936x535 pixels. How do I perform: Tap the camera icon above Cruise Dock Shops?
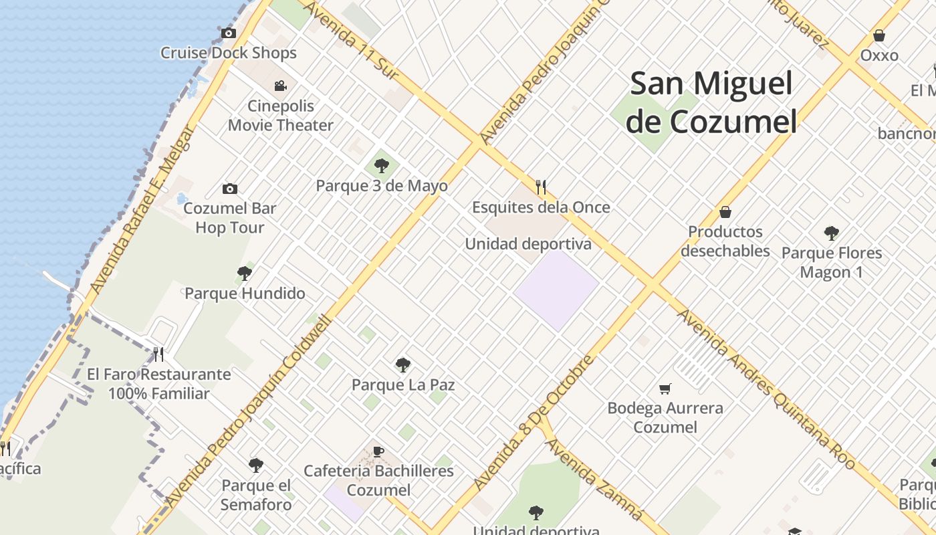point(228,33)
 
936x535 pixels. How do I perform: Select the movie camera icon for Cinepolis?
point(281,86)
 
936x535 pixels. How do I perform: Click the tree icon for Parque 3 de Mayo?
point(382,165)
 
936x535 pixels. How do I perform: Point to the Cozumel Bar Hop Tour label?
point(229,218)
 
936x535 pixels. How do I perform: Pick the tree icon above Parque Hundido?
point(245,273)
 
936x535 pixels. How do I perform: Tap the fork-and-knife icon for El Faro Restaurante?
point(158,354)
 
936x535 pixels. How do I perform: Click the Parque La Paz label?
point(403,385)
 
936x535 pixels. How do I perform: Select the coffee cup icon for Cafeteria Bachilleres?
point(378,451)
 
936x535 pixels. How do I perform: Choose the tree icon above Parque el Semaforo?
point(256,465)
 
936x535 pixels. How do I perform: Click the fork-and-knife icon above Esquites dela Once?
point(541,187)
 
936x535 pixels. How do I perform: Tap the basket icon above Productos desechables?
point(725,212)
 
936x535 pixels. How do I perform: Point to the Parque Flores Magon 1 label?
point(832,262)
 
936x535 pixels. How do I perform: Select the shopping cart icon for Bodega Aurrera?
point(665,389)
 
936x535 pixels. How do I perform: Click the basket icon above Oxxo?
point(879,35)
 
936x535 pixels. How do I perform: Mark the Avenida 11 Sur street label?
point(352,41)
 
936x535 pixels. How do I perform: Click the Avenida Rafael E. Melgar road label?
point(141,208)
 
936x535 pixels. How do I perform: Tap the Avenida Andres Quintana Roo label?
point(766,389)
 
